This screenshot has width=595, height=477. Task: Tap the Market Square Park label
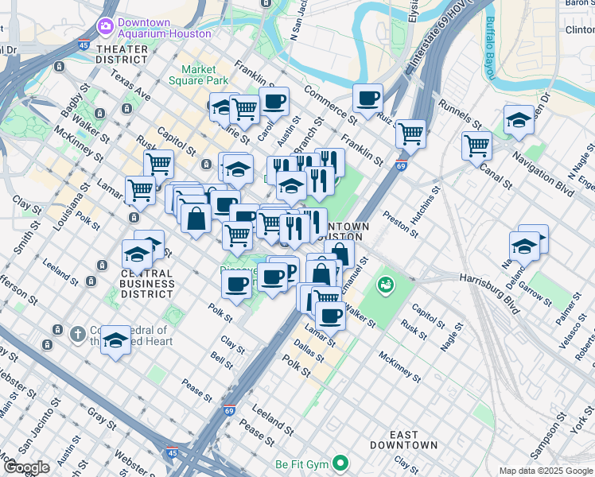[199, 75]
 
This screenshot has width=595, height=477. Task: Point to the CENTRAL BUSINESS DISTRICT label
[147, 283]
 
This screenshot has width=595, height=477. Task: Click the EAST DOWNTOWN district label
[405, 439]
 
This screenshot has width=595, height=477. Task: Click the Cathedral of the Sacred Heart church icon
[77, 334]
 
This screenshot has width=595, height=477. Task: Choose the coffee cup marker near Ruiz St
[367, 99]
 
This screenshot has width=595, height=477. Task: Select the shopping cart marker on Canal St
[476, 145]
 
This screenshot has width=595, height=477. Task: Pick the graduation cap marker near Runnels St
[519, 120]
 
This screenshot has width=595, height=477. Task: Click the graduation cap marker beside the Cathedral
[116, 341]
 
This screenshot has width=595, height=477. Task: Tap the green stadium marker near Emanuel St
[387, 283]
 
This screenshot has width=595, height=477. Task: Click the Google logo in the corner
[26, 467]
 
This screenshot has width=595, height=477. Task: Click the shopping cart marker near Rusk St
[158, 164]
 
